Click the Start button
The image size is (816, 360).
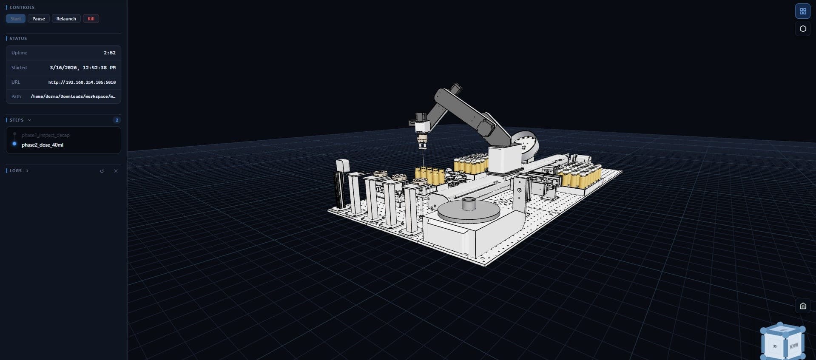coord(16,19)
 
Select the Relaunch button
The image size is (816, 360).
coord(66,19)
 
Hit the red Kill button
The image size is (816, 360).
coord(91,19)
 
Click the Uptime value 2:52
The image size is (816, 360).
coord(109,53)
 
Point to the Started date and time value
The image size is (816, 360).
coord(82,68)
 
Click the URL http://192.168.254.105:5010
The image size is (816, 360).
coord(82,82)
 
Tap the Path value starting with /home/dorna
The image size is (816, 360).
coord(73,96)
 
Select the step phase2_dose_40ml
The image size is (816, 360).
coord(42,145)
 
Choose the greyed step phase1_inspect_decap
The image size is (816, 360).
coord(45,135)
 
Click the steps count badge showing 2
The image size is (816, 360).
coord(117,120)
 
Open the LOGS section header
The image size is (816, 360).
coord(16,170)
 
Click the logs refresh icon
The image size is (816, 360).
coord(102,171)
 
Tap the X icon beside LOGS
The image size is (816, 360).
coord(116,171)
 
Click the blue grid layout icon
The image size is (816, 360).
coord(802,11)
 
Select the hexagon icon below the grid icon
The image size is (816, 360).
coord(802,29)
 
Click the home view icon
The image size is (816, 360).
coord(802,306)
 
